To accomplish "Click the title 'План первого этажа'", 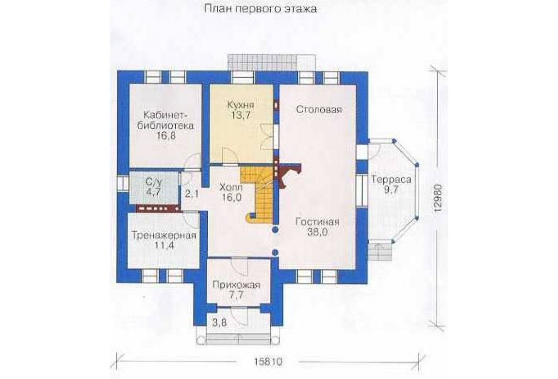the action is point(260,8).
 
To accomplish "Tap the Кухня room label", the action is point(241,105).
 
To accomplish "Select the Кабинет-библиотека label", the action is point(168,120).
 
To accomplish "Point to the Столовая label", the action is point(319,109).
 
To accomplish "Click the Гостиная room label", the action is point(317,222).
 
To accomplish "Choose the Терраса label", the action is point(391,179).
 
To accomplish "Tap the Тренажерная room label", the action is point(164,236).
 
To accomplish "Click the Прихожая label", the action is point(236,285).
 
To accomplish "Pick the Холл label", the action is point(231,187).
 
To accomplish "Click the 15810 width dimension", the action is point(268,362).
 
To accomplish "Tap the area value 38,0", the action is point(317,233).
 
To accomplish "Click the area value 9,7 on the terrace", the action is point(391,189).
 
